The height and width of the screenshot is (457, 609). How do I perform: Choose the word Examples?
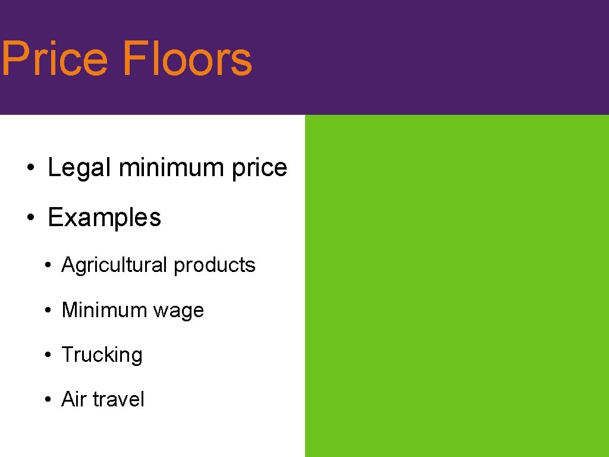[x=104, y=217]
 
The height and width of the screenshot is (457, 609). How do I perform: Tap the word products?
[x=214, y=265]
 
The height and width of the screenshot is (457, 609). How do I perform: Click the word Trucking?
[x=102, y=355]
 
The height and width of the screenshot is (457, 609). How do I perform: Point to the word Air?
[x=74, y=399]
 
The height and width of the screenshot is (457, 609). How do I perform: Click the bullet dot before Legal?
[x=29, y=169]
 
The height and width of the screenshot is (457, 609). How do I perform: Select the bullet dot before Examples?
[x=29, y=218]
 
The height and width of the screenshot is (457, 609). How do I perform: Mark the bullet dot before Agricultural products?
[x=47, y=266]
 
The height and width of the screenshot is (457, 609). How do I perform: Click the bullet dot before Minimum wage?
[x=47, y=311]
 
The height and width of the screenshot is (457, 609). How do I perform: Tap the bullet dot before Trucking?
[x=47, y=355]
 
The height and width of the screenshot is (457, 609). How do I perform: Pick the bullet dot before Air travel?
[x=47, y=400]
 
